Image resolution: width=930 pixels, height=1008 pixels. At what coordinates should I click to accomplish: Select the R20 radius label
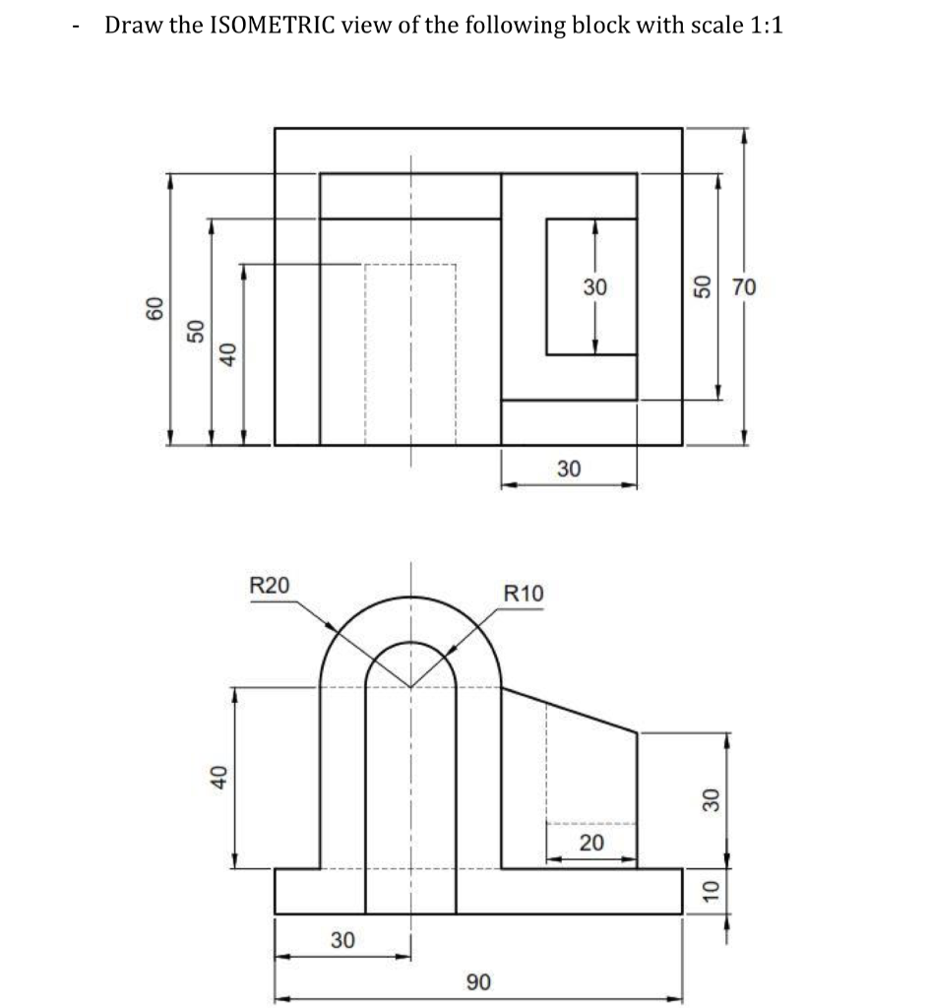click(270, 584)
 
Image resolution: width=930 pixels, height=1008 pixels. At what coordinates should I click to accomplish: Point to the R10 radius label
click(522, 594)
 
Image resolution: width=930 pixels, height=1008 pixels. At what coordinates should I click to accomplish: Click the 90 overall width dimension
click(478, 981)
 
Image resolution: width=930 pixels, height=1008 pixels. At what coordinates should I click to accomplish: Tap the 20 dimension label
click(592, 843)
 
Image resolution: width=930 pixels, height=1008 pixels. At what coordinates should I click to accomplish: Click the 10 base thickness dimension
click(706, 892)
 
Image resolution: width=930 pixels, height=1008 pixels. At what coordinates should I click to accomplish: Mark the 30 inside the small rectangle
click(594, 287)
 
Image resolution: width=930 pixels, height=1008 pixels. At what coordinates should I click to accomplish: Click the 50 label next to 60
click(195, 331)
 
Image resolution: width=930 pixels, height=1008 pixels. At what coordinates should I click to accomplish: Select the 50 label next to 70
click(703, 287)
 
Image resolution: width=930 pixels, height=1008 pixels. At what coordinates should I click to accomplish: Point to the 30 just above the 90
click(342, 939)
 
